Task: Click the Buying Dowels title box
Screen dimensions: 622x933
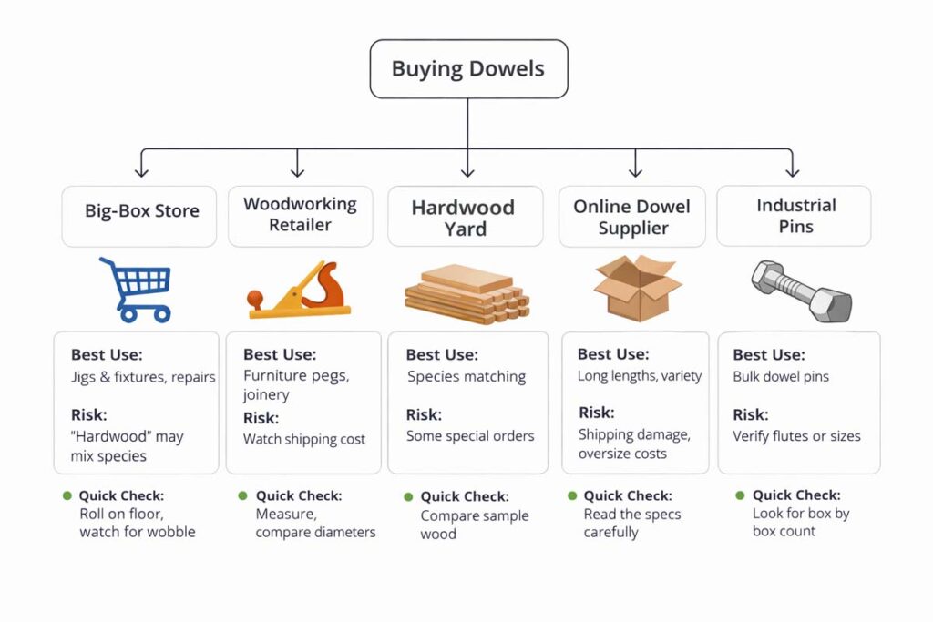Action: (468, 68)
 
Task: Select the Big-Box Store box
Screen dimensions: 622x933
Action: (138, 216)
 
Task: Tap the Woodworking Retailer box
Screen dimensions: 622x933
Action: (300, 215)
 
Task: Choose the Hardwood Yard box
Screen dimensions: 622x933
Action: (465, 217)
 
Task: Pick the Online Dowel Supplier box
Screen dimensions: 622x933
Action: (632, 217)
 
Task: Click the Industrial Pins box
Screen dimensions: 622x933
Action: (794, 216)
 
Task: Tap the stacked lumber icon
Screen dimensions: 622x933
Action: (466, 293)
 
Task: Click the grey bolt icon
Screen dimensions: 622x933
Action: (801, 291)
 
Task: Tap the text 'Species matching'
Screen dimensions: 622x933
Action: (466, 376)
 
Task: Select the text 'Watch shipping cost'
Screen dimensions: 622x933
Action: (304, 439)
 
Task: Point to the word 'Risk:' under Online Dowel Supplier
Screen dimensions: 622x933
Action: (597, 413)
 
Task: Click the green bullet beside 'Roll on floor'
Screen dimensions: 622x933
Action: (67, 495)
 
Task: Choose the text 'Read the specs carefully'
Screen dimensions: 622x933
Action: (631, 523)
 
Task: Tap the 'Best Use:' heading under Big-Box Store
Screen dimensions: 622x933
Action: (107, 355)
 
